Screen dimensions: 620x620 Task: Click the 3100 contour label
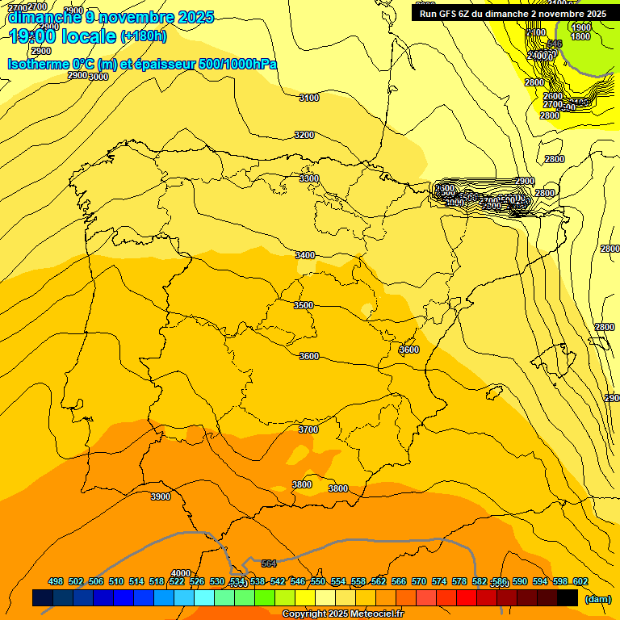pyautogui.click(x=308, y=98)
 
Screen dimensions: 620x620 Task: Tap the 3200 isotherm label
pyautogui.click(x=304, y=135)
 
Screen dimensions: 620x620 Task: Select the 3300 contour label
pyautogui.click(x=308, y=178)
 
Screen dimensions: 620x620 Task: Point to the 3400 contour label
pyautogui.click(x=305, y=255)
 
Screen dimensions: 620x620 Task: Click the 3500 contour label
pyautogui.click(x=304, y=306)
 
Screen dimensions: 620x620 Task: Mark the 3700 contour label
pyautogui.click(x=308, y=430)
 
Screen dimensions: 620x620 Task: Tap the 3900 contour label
pyautogui.click(x=161, y=496)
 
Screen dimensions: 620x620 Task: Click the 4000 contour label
pyautogui.click(x=181, y=573)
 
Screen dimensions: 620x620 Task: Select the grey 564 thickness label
pyautogui.click(x=269, y=563)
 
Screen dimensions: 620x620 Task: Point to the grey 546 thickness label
pyautogui.click(x=555, y=44)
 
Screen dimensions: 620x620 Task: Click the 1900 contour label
pyautogui.click(x=580, y=27)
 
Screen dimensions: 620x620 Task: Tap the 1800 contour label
pyautogui.click(x=580, y=36)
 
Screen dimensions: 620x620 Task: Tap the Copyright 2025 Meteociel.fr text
pyautogui.click(x=342, y=614)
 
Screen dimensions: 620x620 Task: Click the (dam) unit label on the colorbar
pyautogui.click(x=597, y=598)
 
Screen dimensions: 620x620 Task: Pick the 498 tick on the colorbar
pyautogui.click(x=56, y=581)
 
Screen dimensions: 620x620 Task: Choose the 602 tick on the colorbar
pyautogui.click(x=580, y=581)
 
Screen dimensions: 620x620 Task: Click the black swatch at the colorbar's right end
pyautogui.click(x=568, y=597)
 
